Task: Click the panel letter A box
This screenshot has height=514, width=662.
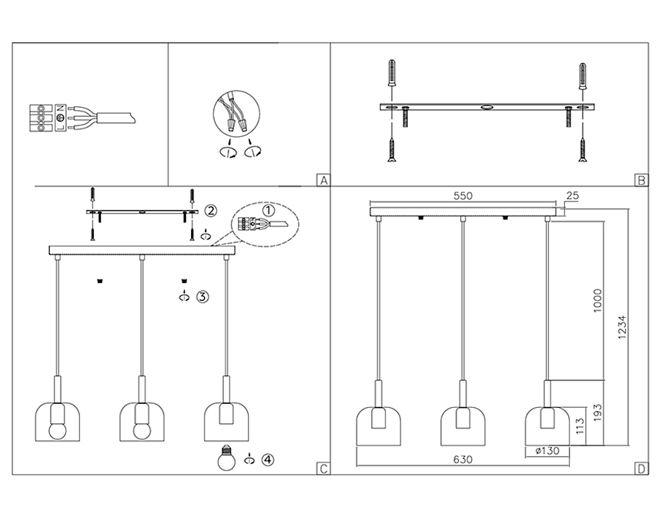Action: (x=323, y=181)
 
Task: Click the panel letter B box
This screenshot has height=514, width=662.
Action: (x=640, y=181)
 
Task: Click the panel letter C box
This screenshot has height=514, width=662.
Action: (x=323, y=469)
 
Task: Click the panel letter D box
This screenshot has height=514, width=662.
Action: (x=640, y=469)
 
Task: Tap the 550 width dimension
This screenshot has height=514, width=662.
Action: (x=462, y=196)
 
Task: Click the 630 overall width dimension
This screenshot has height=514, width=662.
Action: (x=462, y=459)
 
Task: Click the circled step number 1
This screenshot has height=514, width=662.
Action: (x=268, y=209)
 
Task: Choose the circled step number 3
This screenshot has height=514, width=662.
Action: (x=202, y=297)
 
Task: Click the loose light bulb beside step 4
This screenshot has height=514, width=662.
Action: (x=227, y=459)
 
